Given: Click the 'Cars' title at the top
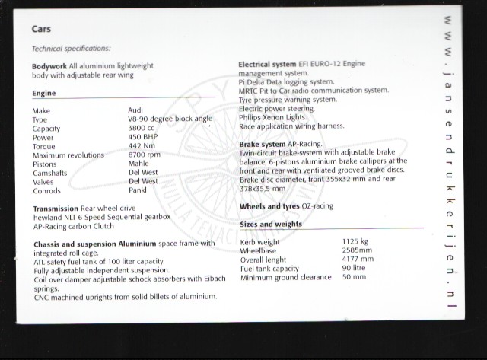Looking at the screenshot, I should click(x=42, y=29).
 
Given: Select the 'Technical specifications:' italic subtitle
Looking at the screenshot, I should click(x=71, y=48).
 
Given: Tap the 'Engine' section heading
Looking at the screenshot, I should click(x=43, y=93).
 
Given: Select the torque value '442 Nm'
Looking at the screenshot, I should click(x=142, y=146).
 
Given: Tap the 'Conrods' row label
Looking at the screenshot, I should click(x=46, y=190).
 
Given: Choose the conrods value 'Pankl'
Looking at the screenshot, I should click(x=138, y=190).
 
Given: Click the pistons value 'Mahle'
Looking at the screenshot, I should click(x=139, y=164).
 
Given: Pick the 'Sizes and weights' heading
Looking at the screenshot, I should click(x=271, y=224).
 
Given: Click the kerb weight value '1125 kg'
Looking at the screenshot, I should click(x=356, y=242).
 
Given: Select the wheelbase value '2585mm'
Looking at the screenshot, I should click(x=358, y=250).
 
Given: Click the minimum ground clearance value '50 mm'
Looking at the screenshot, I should click(x=354, y=277).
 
